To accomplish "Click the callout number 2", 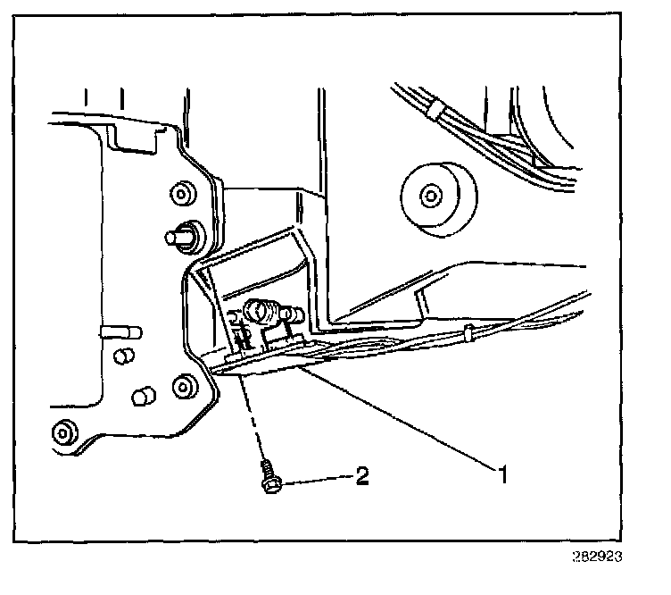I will point(362,475).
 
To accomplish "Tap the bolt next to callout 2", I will point(268,476).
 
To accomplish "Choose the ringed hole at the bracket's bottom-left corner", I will point(63,432).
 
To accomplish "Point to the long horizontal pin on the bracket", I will point(120,331).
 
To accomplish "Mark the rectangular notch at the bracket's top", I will point(135,135).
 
